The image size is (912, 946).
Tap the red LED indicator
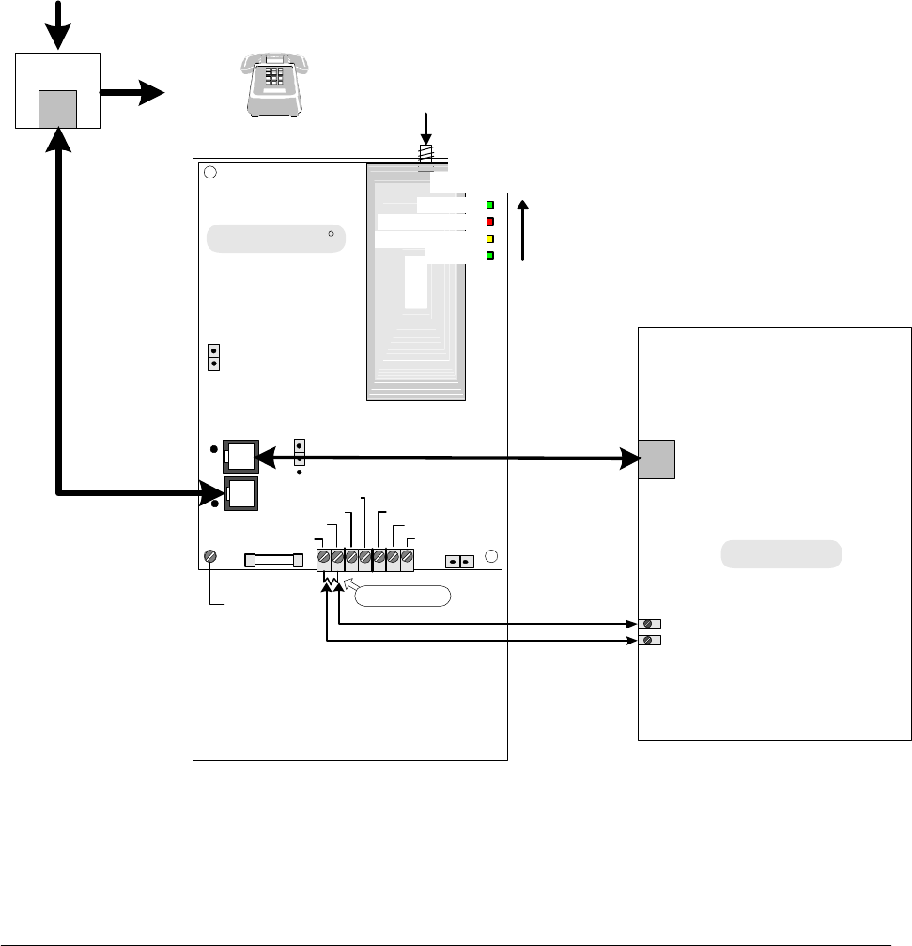[489, 222]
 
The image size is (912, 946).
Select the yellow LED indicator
[489, 239]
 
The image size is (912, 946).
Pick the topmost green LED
[489, 205]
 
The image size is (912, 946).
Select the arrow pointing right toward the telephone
[132, 93]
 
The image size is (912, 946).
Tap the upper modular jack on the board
[239, 457]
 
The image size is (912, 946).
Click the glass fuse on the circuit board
[273, 560]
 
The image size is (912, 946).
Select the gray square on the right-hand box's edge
[656, 459]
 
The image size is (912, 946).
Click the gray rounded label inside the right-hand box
[781, 554]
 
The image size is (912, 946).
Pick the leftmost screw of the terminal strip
[324, 559]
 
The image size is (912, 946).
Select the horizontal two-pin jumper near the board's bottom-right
[459, 561]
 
